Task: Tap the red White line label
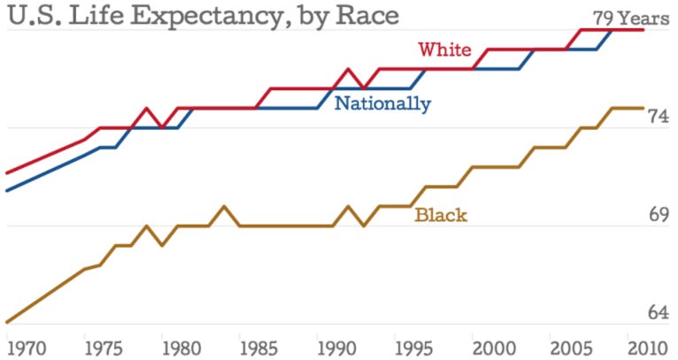[444, 50]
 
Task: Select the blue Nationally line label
[382, 104]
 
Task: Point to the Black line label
[441, 215]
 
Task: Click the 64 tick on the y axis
[659, 313]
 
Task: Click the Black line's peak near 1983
[224, 206]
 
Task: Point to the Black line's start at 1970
[7, 322]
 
